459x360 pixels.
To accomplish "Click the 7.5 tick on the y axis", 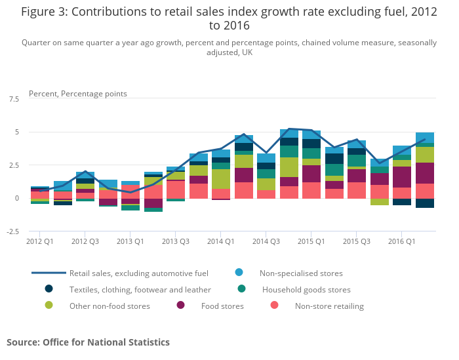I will coord(14,99).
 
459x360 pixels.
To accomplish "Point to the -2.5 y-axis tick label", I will coord(12,231).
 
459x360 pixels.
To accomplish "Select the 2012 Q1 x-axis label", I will coord(39,241).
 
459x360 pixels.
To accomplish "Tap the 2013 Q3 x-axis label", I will coord(176,241).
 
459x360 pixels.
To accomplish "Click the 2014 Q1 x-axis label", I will coord(220,241).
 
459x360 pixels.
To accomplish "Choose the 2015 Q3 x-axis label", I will coord(356,241).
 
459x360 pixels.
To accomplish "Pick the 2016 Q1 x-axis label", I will coord(401,241).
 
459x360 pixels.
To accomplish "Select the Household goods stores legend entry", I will coord(306,289).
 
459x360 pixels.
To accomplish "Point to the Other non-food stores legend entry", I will coord(109,306).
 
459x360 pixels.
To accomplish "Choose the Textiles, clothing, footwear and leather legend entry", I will coord(140,289).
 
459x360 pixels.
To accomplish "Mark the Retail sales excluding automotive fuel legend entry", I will coord(140,273).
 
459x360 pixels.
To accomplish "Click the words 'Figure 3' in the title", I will coord(43,12).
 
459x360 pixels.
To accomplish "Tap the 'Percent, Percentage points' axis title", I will coord(78,94).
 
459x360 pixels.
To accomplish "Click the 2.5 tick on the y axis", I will coord(14,165).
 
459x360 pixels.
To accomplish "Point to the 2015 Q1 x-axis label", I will coord(311,241).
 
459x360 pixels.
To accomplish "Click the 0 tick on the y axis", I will coord(16,198).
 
